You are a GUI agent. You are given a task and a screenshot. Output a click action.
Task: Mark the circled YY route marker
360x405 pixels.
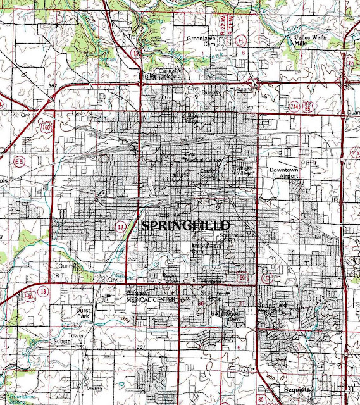coord(354,153)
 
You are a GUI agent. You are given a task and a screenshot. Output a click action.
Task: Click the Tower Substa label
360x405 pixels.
coord(77,338)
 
